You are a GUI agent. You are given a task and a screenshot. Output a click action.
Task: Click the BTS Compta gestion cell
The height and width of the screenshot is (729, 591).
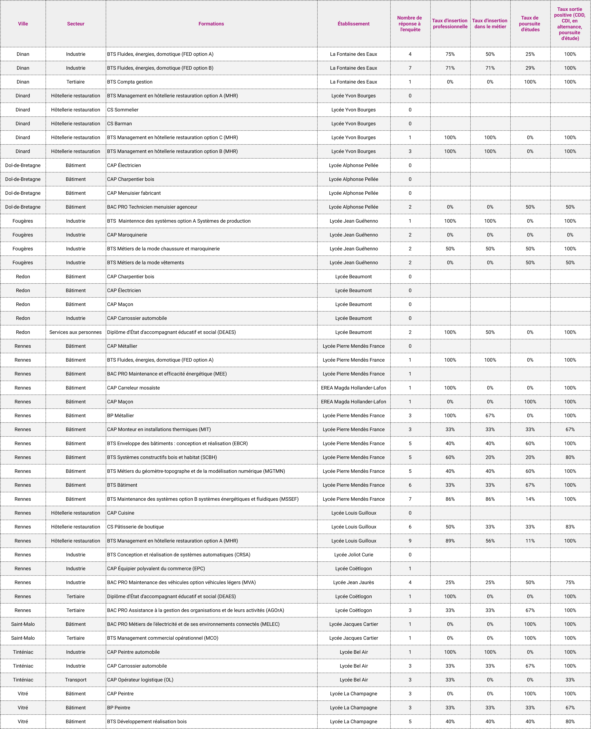[x=130, y=82]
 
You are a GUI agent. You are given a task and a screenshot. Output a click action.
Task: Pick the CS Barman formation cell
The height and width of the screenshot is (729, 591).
[x=120, y=124]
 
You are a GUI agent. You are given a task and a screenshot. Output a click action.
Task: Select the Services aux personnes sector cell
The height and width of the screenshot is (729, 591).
[x=75, y=332]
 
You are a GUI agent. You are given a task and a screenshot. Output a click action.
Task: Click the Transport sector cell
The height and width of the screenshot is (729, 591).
[x=75, y=680]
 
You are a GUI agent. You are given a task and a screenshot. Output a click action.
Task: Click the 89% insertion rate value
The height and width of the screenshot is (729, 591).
[x=450, y=541]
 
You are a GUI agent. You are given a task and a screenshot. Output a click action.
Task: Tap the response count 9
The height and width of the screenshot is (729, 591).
[x=410, y=541]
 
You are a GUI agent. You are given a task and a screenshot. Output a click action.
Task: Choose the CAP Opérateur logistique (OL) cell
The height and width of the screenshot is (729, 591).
[x=140, y=680]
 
